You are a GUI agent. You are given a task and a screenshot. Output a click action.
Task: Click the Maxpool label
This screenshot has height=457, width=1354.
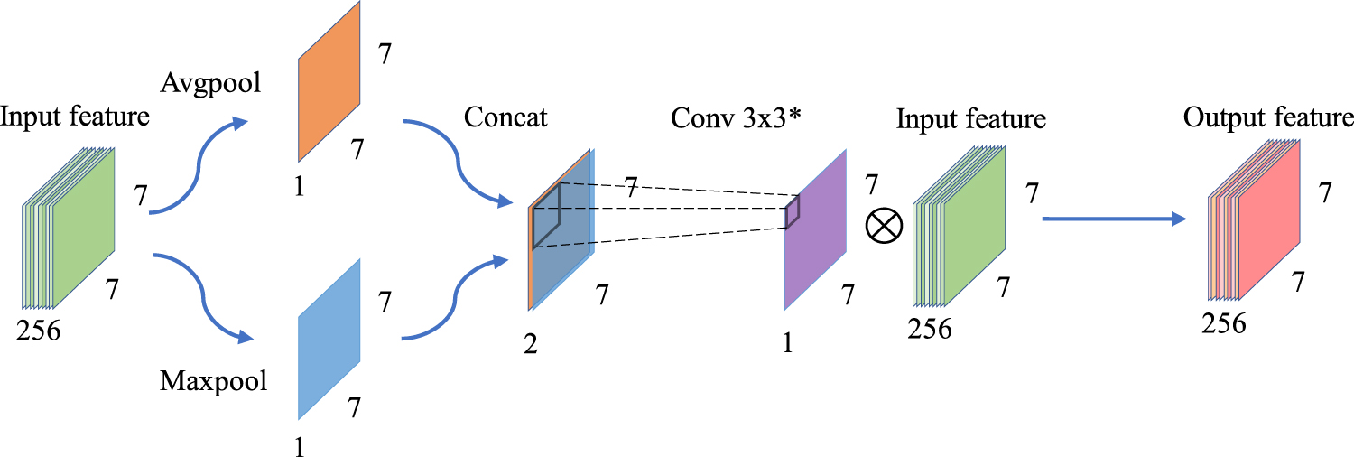(x=214, y=380)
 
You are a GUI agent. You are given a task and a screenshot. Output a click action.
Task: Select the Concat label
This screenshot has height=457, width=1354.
(x=505, y=117)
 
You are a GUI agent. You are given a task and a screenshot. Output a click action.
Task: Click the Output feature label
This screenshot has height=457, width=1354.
(x=1269, y=118)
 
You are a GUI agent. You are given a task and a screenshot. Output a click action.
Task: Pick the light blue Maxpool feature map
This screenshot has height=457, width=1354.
(x=329, y=339)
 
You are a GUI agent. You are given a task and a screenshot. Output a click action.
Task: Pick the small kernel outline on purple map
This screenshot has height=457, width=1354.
(x=793, y=211)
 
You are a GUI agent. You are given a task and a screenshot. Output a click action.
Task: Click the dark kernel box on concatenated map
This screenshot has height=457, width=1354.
(x=546, y=215)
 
